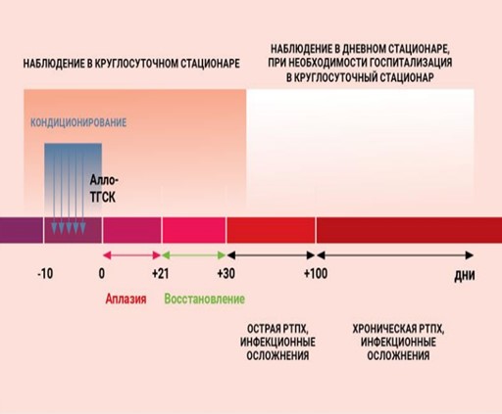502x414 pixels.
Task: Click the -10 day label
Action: click(45, 273)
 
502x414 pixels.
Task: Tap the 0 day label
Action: click(102, 273)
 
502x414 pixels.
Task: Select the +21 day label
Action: click(161, 273)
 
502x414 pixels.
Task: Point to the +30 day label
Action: click(226, 273)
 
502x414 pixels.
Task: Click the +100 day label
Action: click(316, 273)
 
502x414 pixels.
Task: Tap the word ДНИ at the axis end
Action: click(465, 276)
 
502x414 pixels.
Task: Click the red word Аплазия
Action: click(125, 299)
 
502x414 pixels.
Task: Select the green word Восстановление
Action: click(205, 299)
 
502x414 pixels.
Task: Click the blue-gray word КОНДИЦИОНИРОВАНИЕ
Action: click(78, 122)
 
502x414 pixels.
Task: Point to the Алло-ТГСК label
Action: click(104, 189)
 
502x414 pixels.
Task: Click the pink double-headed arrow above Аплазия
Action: click(131, 255)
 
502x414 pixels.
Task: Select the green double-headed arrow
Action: click(194, 255)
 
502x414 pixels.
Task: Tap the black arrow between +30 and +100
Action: click(271, 255)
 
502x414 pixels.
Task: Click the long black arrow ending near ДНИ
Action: click(395, 255)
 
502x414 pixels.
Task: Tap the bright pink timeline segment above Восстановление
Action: click(194, 230)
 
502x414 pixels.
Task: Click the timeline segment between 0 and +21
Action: click(131, 230)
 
